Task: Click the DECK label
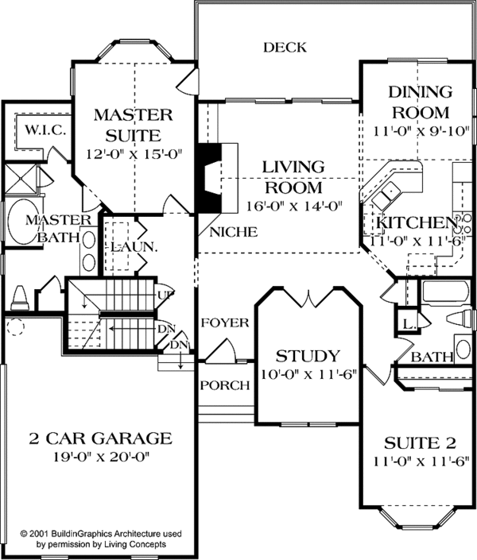point(285,48)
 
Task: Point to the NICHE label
point(234,233)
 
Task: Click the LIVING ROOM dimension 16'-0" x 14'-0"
point(294,205)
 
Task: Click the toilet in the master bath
point(21,298)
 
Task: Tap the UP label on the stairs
point(166,294)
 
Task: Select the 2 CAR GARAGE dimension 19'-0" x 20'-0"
point(100,457)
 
